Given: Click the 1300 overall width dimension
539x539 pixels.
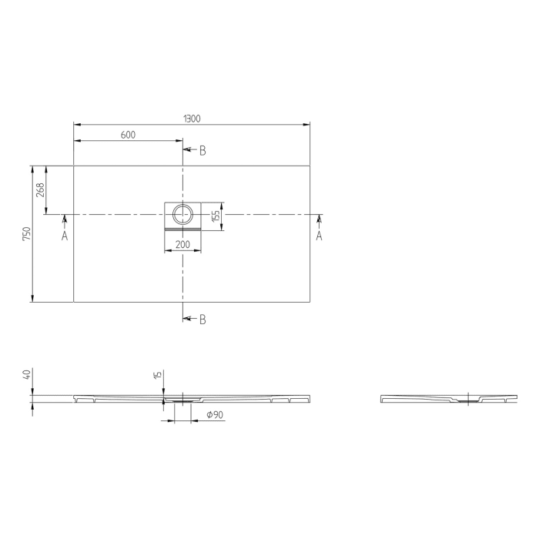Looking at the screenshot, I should click(x=192, y=118).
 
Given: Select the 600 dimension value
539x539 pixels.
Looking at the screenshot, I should click(x=128, y=136).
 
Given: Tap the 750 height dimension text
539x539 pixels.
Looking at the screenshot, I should click(x=26, y=233).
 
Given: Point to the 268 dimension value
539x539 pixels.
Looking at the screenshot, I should click(x=40, y=189).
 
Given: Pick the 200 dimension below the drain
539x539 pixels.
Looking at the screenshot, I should click(x=182, y=244).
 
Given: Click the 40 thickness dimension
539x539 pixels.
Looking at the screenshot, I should click(x=27, y=375).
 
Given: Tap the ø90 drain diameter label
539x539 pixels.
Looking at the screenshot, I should click(x=216, y=416).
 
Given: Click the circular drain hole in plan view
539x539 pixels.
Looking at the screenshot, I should click(x=183, y=215).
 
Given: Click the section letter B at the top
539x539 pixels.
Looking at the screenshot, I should click(x=203, y=151).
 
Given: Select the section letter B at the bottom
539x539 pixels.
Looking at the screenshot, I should click(x=203, y=319).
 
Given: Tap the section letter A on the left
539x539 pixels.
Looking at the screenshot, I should click(x=65, y=236).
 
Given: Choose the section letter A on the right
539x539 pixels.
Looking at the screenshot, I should click(x=319, y=236).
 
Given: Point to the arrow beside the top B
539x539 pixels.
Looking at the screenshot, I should click(x=189, y=150).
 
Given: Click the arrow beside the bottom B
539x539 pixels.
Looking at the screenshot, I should click(x=189, y=318).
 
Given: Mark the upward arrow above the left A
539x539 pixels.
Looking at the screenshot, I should click(x=65, y=221).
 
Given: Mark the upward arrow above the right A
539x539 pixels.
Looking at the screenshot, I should click(x=319, y=221).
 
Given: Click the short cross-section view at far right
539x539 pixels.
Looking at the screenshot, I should click(x=449, y=399).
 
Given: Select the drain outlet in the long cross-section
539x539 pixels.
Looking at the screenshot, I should click(x=183, y=400).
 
